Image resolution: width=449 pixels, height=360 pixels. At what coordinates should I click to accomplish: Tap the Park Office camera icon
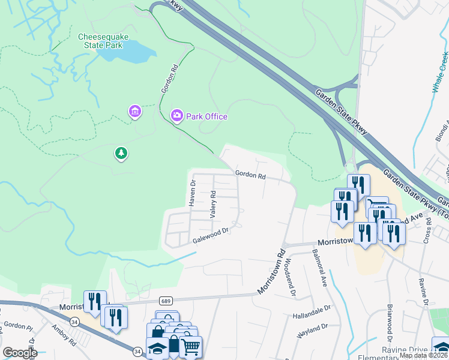coord(176,115)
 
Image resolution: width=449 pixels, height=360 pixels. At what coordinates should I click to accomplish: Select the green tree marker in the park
coord(122,154)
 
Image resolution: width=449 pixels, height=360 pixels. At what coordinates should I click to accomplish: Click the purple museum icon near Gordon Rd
coord(134,111)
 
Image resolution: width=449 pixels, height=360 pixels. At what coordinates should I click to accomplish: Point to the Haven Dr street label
coord(193,193)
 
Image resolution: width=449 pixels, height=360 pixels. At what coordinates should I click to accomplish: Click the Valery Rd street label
coord(212,204)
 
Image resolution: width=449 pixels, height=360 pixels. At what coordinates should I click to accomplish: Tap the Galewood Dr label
coord(211,235)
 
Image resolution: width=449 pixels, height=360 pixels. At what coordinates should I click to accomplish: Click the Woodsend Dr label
coord(290,277)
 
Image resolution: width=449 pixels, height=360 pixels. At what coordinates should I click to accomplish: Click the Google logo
coord(20,353)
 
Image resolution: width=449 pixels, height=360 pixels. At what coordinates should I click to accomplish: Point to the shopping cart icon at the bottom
coord(190,346)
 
